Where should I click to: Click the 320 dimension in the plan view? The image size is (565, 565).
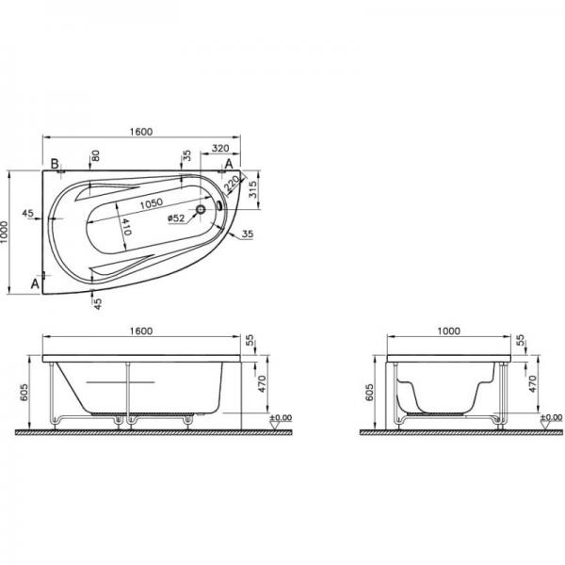[220, 148]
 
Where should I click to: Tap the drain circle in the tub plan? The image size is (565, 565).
[201, 209]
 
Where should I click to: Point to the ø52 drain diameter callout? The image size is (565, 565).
[177, 218]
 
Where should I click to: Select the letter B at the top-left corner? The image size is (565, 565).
[55, 164]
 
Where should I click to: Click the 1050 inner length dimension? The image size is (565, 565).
[152, 203]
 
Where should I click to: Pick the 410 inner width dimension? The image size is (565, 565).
[124, 227]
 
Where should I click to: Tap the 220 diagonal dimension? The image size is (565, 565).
[232, 184]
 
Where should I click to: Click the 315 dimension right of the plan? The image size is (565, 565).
[252, 189]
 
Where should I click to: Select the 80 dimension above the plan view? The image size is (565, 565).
[95, 155]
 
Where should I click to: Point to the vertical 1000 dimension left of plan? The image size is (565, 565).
[4, 233]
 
